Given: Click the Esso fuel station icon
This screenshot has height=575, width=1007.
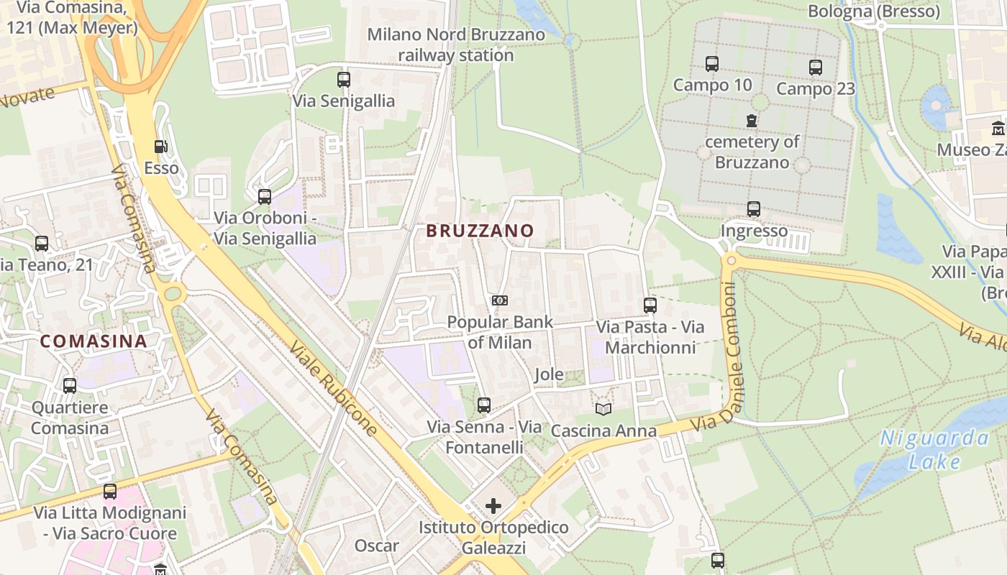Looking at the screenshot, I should (x=160, y=147).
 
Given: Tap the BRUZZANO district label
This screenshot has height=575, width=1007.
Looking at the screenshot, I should (x=480, y=231).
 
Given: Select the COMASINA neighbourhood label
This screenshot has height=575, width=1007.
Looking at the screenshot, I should (x=94, y=341).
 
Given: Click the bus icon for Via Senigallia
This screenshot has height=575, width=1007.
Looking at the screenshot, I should (x=344, y=80).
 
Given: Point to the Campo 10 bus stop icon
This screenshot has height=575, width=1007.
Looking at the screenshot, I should (x=712, y=64).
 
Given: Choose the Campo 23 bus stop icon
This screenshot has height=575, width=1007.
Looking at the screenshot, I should (x=815, y=68).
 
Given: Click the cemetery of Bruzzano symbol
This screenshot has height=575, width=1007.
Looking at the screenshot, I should (x=752, y=121).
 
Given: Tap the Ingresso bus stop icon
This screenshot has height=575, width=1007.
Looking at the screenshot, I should (x=753, y=209).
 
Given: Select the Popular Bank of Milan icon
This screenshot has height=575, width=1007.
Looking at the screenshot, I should (x=500, y=300).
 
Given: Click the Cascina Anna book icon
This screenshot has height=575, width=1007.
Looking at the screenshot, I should (x=603, y=409).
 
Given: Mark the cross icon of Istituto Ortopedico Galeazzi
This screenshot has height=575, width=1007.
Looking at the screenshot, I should (x=493, y=506).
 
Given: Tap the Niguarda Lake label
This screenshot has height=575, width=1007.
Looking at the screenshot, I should (x=935, y=449).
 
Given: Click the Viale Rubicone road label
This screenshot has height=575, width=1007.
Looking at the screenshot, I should (x=333, y=389).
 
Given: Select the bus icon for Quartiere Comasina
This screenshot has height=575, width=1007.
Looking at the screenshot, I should (x=70, y=386).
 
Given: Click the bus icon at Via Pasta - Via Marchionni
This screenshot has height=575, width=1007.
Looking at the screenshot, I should (x=650, y=305).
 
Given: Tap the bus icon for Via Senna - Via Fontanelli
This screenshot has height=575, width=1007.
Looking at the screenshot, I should (x=484, y=405).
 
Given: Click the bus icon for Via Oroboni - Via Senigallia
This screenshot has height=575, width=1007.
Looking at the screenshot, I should (x=265, y=196).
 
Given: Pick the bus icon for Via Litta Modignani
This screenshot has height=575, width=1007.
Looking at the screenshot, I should (x=110, y=492).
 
